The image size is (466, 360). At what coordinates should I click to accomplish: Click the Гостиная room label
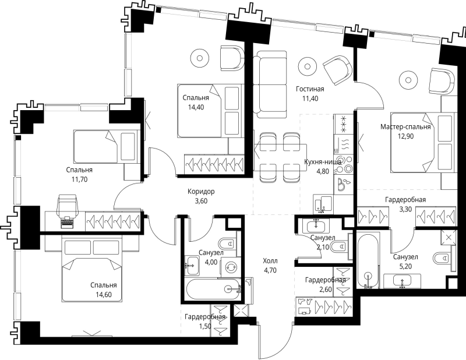coord(310,89)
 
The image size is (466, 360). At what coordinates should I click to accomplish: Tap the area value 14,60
coord(104,295)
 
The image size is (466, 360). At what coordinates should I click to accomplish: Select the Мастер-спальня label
coord(405,127)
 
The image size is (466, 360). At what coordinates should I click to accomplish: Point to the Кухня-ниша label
coord(323,162)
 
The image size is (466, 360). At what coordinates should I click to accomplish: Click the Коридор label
coord(201,192)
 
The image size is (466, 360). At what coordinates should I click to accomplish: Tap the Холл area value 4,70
coord(270,270)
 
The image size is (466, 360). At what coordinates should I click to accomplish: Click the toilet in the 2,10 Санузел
coord(341,246)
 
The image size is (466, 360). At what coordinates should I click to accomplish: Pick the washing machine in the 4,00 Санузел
coord(230,267)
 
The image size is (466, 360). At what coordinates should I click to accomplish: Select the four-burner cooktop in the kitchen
coord(343,165)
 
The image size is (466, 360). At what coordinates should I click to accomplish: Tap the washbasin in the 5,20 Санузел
coord(402,281)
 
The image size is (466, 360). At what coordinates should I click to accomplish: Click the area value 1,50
coord(205,326)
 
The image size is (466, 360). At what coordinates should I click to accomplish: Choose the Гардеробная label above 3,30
coord(405,200)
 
